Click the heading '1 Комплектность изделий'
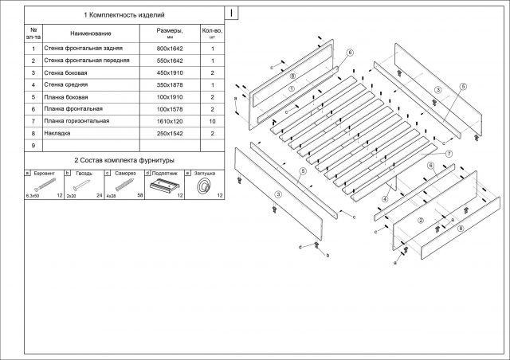coord(124,15)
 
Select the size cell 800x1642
coord(170,49)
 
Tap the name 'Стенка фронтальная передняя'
coord(87,61)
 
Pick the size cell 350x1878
coord(170,85)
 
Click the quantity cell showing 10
coord(213,122)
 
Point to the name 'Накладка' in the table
coord(57,133)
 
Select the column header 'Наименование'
coord(91,33)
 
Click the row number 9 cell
coord(33,146)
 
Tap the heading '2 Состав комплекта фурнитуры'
coord(124,160)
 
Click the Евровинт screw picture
coord(45,185)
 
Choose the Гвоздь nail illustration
coord(81,185)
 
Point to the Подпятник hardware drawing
coord(165,186)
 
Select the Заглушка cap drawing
coord(205,186)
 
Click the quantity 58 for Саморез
coord(140,195)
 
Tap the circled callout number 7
coord(449,154)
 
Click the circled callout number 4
coord(385,199)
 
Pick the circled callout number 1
coord(292,88)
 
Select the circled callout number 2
coord(421,221)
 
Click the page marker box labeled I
coord(231,14)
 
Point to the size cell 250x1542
coord(170,134)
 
